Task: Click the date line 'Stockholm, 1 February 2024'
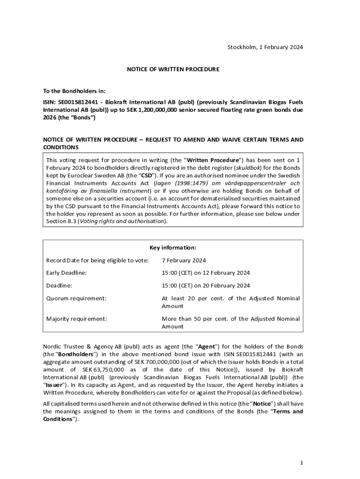[265, 47]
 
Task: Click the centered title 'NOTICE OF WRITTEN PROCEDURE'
[173, 69]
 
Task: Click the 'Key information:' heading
[173, 247]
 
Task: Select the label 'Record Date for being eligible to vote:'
[97, 260]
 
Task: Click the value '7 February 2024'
[184, 260]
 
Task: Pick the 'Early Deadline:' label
[66, 273]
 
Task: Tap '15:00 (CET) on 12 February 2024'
[206, 273]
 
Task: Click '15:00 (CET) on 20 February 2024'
[206, 285]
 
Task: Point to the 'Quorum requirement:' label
[76, 298]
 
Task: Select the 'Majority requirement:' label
[77, 319]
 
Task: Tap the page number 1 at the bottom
[302, 463]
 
